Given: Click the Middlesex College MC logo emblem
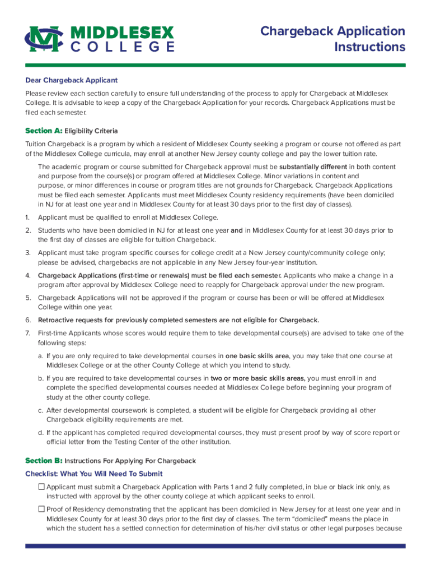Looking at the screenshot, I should pyautogui.click(x=45, y=39).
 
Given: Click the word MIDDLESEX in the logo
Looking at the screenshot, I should pyautogui.click(x=123, y=32).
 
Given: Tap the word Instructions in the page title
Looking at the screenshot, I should pyautogui.click(x=369, y=47).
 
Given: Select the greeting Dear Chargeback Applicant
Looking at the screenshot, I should pyautogui.click(x=71, y=80).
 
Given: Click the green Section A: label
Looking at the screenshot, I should pyautogui.click(x=43, y=131).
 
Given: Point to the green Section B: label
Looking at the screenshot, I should pyautogui.click(x=43, y=461).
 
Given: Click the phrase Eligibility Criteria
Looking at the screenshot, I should pyautogui.click(x=91, y=131).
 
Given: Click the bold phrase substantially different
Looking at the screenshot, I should pyautogui.click(x=313, y=167).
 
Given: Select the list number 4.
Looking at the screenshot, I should pyautogui.click(x=27, y=275).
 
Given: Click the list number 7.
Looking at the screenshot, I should pyautogui.click(x=27, y=333).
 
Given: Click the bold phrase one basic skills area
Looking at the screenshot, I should pyautogui.click(x=257, y=355).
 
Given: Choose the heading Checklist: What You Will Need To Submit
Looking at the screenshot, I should pyautogui.click(x=93, y=474).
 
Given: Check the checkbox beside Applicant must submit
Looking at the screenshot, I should pyautogui.click(x=41, y=487).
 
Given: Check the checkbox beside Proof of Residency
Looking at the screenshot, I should pyautogui.click(x=41, y=509).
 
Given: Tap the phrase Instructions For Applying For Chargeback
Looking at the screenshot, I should pyautogui.click(x=130, y=461).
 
